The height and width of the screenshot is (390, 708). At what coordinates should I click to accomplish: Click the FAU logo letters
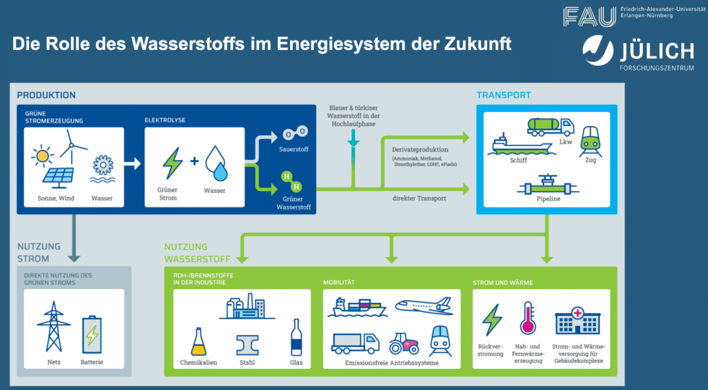[x=589, y=16]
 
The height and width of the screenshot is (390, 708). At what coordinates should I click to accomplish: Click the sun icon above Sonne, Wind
[x=43, y=155]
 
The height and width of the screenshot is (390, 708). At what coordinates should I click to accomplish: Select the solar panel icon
[x=58, y=177]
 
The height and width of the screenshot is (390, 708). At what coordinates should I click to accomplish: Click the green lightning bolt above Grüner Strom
[x=173, y=163]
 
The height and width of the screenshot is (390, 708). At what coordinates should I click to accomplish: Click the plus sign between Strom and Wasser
[x=195, y=161]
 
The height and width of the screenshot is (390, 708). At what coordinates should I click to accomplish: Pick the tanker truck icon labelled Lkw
[x=551, y=127]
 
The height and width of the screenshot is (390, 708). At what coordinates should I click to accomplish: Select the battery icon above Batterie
[x=91, y=334]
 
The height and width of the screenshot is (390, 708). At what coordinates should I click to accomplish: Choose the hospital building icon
[x=577, y=321]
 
